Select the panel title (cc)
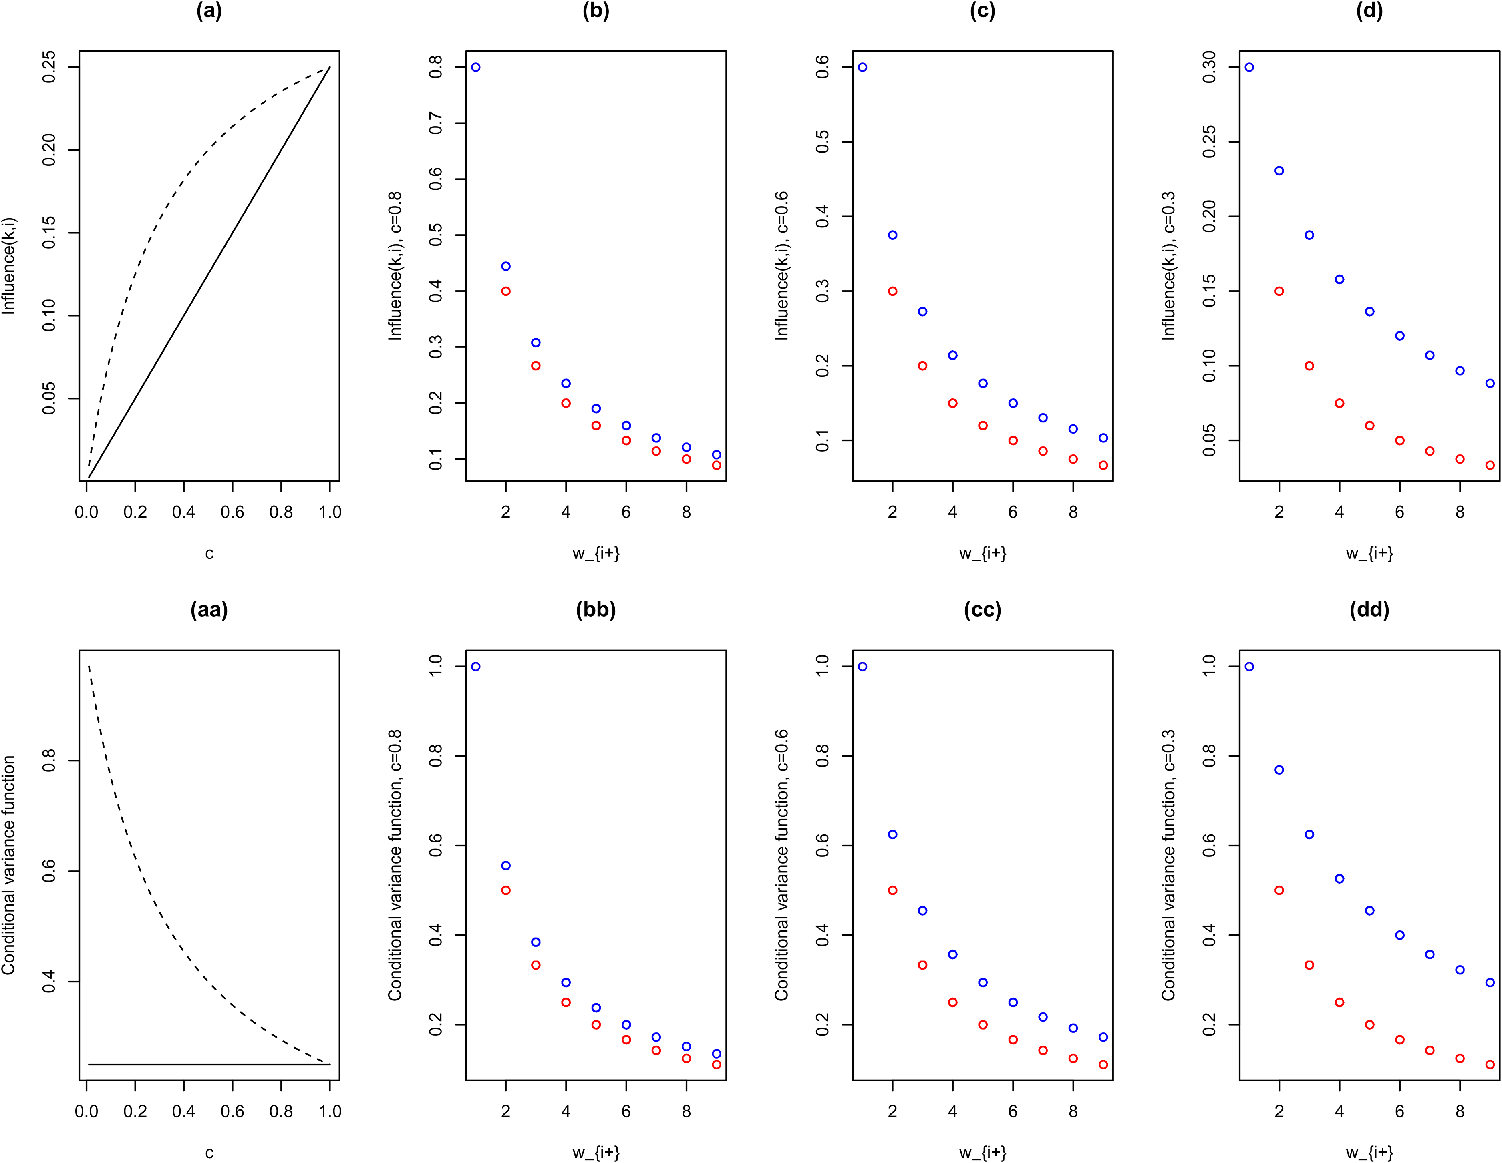(x=983, y=610)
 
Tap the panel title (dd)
(x=1369, y=610)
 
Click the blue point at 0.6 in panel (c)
(x=862, y=67)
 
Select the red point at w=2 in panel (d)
(x=1279, y=291)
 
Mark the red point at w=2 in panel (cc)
(x=893, y=890)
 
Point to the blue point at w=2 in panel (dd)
(x=1279, y=770)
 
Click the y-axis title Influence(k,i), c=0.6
(x=782, y=266)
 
